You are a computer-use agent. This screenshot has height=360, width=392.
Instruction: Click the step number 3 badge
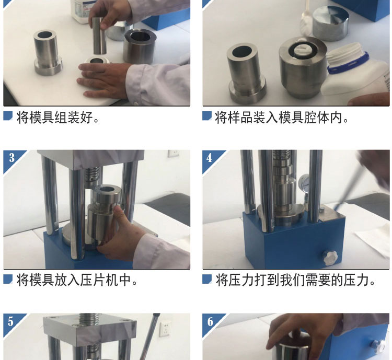(x=11, y=158)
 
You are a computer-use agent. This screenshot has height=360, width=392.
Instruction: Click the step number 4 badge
(x=210, y=158)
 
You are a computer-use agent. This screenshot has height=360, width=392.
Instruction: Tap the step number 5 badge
(x=11, y=321)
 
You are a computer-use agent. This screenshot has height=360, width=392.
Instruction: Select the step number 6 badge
(x=210, y=321)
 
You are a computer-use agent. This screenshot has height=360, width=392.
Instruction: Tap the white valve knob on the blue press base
(x=330, y=258)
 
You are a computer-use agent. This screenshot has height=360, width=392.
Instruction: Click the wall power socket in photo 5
(x=165, y=328)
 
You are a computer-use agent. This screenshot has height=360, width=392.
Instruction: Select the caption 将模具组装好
(x=57, y=117)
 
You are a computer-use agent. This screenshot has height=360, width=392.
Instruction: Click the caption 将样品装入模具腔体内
(x=282, y=117)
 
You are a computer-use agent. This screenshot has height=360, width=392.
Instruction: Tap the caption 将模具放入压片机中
(x=77, y=280)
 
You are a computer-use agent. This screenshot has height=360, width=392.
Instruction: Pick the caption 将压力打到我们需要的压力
(x=295, y=280)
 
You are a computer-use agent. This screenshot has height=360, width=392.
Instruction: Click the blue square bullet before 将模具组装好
(x=8, y=116)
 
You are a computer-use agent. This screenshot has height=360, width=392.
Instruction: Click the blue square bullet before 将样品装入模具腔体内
(x=207, y=116)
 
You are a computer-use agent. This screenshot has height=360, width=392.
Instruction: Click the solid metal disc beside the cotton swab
(x=330, y=23)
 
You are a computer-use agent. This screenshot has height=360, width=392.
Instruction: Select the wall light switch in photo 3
(x=173, y=153)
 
